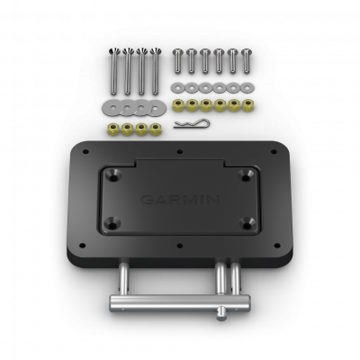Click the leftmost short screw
pyautogui.click(x=176, y=60)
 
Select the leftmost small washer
pyautogui.click(x=176, y=88)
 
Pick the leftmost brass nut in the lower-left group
pyautogui.click(x=114, y=130)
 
